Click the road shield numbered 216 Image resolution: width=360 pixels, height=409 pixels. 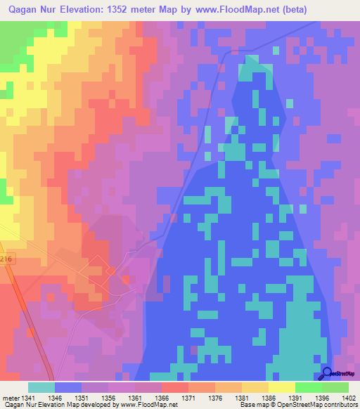[x=6, y=259]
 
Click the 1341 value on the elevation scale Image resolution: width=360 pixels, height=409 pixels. [x=28, y=398]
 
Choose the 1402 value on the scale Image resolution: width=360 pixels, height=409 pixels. [x=348, y=398]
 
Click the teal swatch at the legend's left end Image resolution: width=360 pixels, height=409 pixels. [x=41, y=387]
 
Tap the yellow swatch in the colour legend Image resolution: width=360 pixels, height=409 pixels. [x=281, y=387]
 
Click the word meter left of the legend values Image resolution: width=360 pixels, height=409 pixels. [x=10, y=398]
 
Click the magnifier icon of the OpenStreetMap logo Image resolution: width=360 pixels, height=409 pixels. [x=327, y=373]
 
